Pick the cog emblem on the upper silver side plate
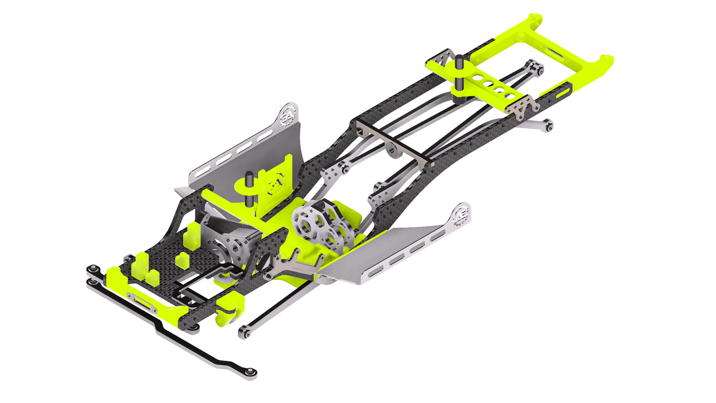point(289,113)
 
